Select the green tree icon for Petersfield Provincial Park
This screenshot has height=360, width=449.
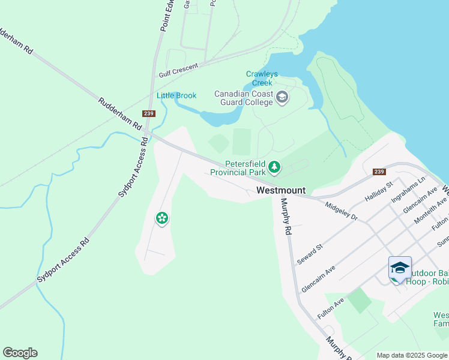coord(274,167)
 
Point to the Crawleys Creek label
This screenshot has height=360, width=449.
coord(262,79)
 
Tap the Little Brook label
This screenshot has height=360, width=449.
coord(176,95)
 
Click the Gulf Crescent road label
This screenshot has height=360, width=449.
coord(178,70)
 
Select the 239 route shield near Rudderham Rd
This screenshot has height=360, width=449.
coord(149,113)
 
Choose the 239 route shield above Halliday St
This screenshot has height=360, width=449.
coord(378,171)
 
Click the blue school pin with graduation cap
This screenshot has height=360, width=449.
coord(400,268)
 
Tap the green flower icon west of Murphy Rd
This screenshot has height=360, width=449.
coord(161,218)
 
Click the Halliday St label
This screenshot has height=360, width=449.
coord(378,191)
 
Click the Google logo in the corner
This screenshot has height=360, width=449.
coord(20,353)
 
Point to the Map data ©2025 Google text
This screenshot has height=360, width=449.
coord(411,355)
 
